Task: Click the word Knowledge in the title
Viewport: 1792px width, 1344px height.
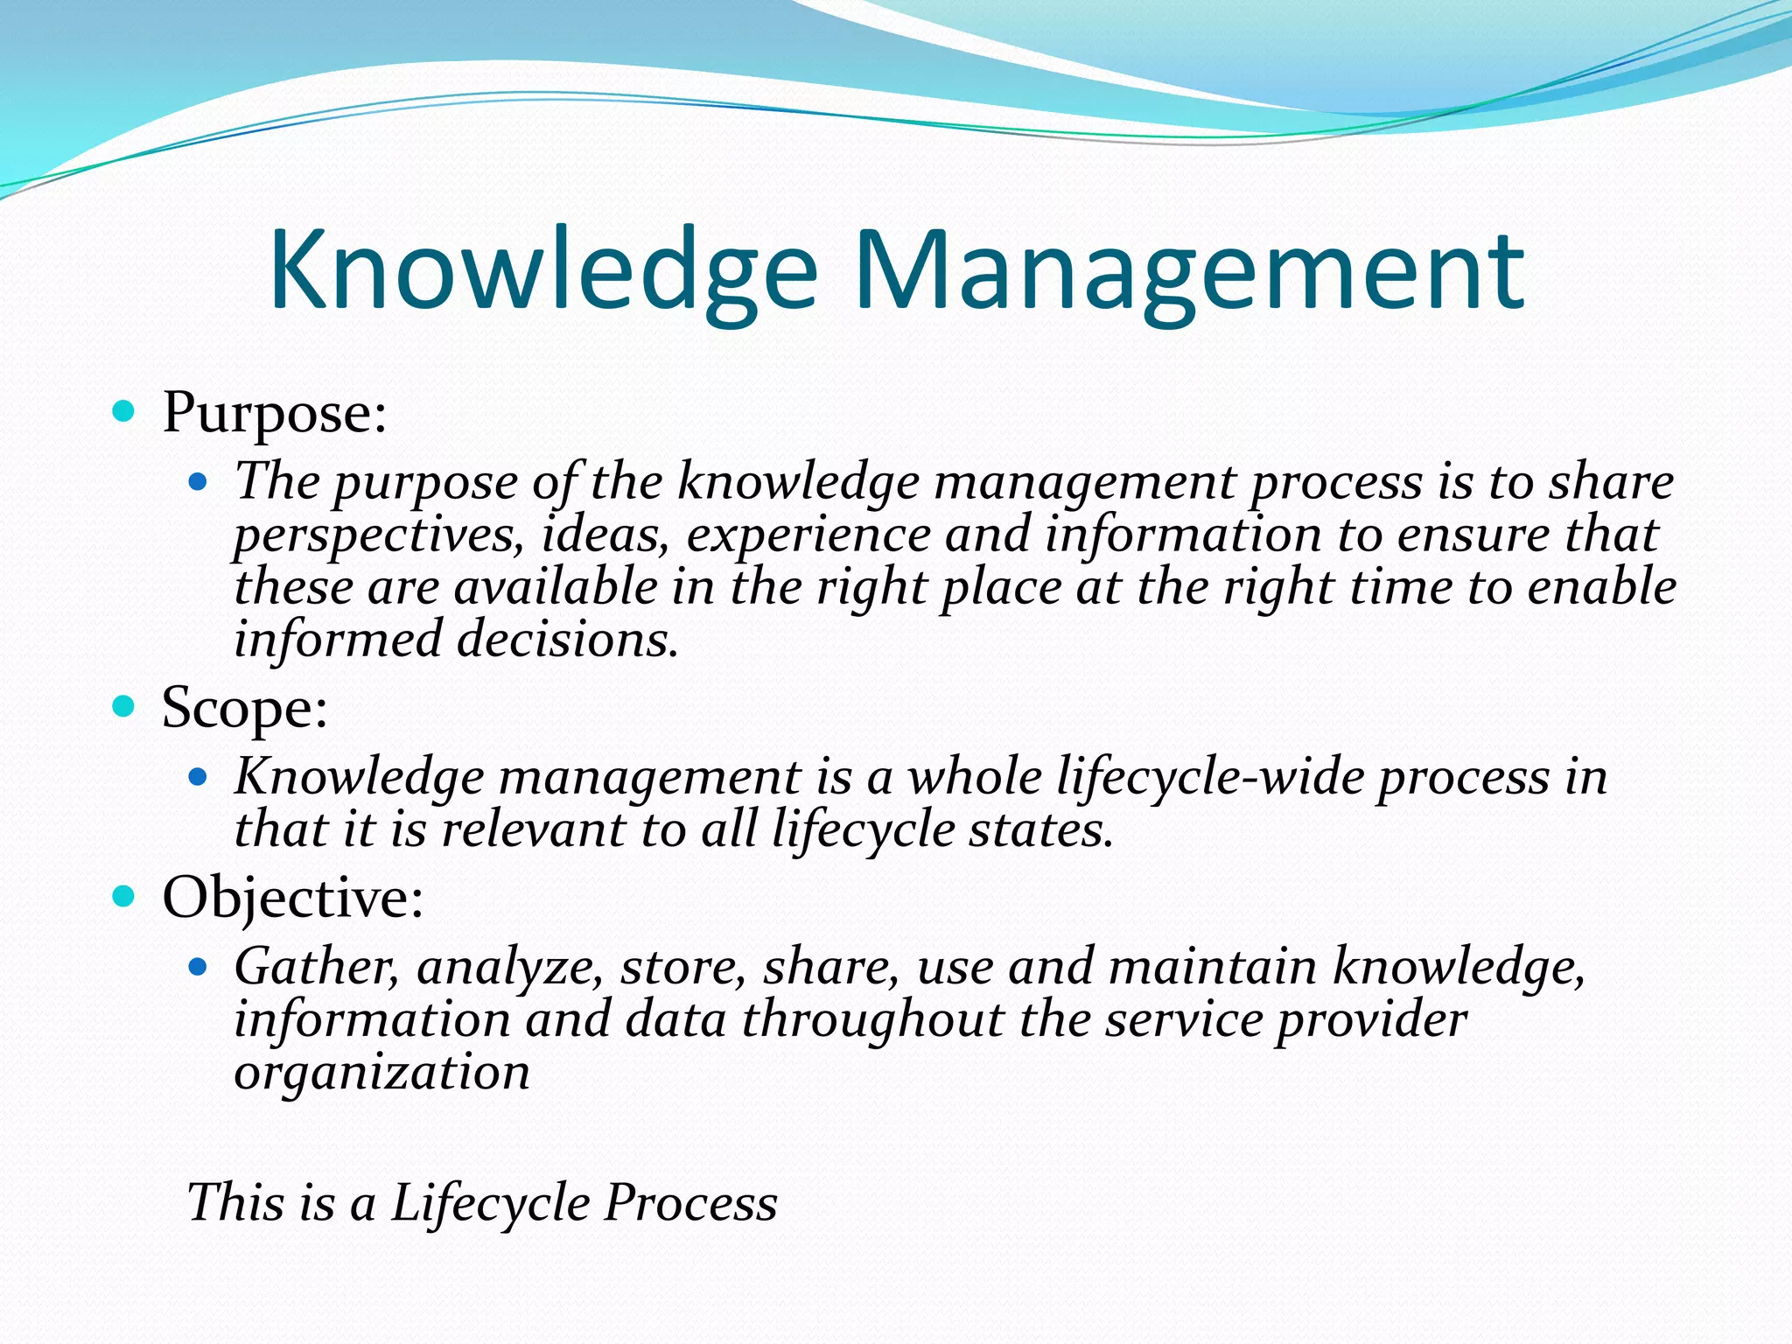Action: tap(542, 271)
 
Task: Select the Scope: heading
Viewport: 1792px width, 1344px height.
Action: tap(245, 708)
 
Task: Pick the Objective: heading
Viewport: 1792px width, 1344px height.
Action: tap(293, 898)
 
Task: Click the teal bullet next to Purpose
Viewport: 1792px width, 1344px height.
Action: tap(124, 410)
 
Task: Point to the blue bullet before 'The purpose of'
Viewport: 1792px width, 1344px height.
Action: tap(199, 481)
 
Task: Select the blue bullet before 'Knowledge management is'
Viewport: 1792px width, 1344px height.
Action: tap(199, 776)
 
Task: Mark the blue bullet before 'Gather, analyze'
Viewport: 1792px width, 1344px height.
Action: tap(199, 966)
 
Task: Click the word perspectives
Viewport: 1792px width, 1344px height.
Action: tap(377, 536)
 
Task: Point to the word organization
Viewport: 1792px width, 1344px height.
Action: tap(381, 1073)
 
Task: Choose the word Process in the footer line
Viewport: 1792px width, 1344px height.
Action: tap(690, 1203)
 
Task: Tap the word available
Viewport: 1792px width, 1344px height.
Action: tap(556, 587)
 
